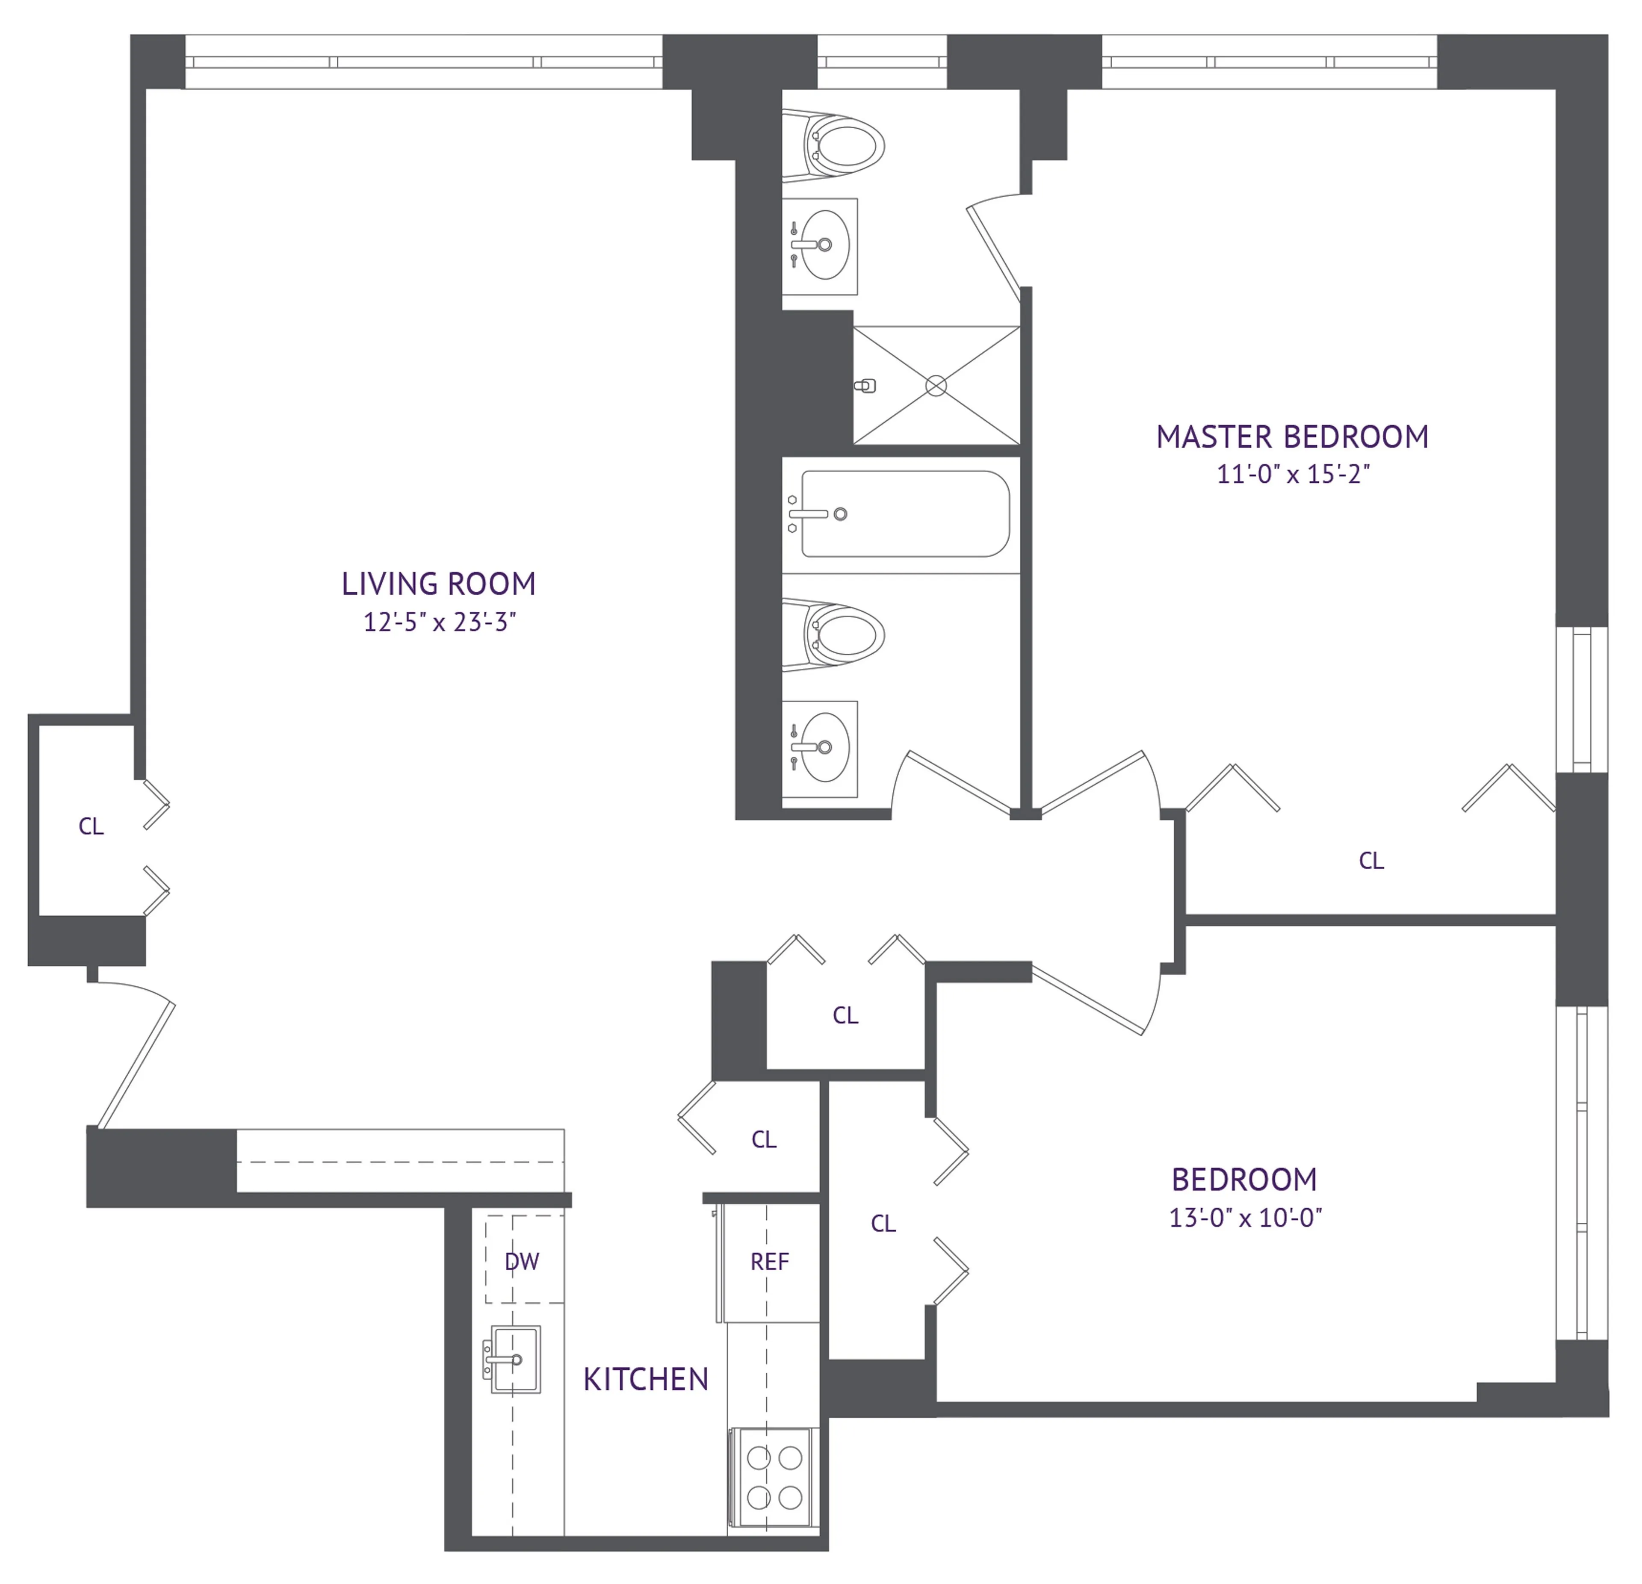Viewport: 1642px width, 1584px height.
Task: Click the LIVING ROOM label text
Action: click(438, 584)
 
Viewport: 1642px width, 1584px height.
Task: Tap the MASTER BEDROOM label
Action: click(1292, 437)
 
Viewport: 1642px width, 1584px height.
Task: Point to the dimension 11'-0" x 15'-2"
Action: click(1292, 474)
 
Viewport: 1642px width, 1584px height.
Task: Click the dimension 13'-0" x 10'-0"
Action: click(1245, 1217)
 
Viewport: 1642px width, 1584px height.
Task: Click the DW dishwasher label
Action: click(522, 1262)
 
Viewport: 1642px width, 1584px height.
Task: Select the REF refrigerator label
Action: click(769, 1262)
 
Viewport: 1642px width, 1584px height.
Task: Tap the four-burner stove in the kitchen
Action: click(774, 1478)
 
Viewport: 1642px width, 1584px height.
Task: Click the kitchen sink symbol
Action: click(514, 1359)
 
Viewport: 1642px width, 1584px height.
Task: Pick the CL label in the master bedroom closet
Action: click(1370, 860)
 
